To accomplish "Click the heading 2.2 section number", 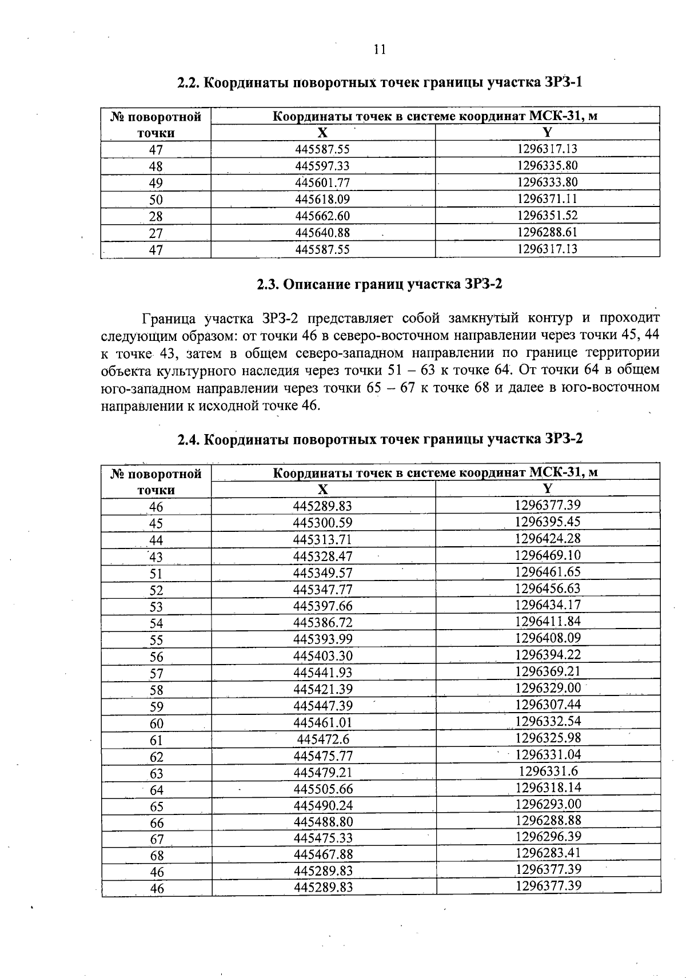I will pos(189,82).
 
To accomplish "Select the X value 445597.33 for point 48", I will pos(322,166).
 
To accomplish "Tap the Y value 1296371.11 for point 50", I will pos(548,199).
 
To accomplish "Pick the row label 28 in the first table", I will pos(155,217).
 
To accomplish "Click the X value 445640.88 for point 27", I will pos(322,233).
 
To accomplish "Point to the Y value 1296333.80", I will pos(548,182).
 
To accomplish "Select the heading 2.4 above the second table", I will pos(189,439).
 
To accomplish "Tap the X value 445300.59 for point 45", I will pos(323,523).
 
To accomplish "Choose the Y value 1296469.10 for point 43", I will pos(548,555).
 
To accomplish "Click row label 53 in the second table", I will pos(157,607).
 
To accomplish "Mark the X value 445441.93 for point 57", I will pos(323,673).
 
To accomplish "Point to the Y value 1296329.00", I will pos(548,687).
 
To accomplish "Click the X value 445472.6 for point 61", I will pos(323,740).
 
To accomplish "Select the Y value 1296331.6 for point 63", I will pos(548,771).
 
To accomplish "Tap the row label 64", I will pos(157,790).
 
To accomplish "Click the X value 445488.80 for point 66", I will pos(323,822).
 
